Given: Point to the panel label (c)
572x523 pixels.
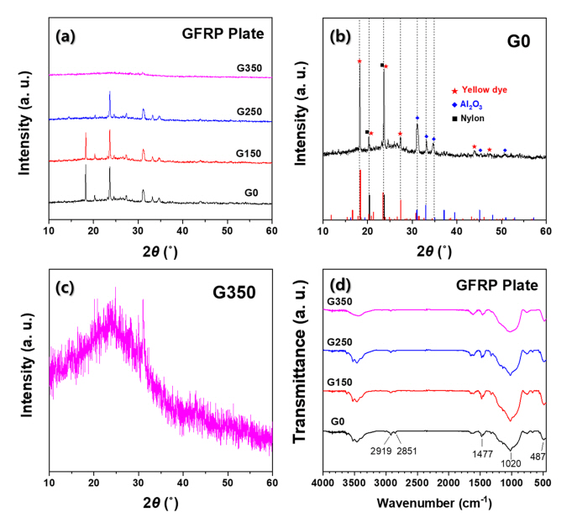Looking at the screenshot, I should (x=67, y=286).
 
